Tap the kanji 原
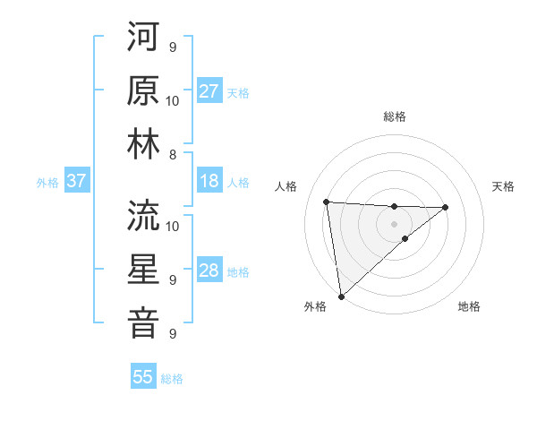[143, 90]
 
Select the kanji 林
[143, 143]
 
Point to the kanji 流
[143, 215]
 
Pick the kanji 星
[143, 269]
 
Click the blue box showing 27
[209, 91]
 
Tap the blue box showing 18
[209, 181]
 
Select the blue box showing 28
[209, 271]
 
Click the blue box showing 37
[76, 181]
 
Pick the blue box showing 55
[143, 377]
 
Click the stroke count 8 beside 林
[173, 155]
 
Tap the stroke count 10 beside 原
[173, 100]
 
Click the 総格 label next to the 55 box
[172, 379]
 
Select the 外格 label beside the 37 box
[47, 183]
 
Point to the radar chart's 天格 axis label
[504, 186]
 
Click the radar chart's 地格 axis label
[469, 306]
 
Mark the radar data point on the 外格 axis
[341, 296]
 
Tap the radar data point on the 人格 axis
[327, 202]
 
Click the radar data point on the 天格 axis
[446, 207]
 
